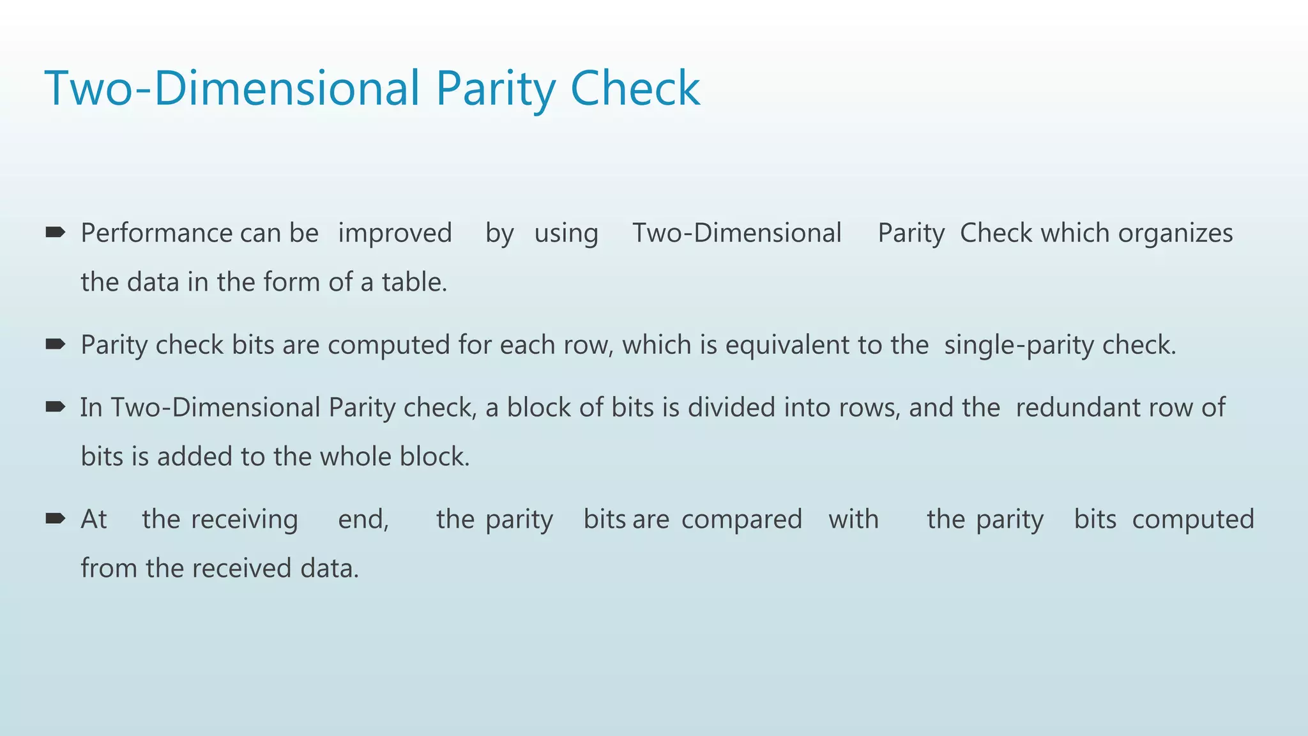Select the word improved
pos(395,233)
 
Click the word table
pos(414,282)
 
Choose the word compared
pos(741,519)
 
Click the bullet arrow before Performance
pos(56,232)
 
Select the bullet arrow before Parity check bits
pos(56,344)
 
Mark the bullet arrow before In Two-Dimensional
pos(56,407)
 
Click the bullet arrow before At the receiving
pos(56,518)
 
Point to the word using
pos(566,233)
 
